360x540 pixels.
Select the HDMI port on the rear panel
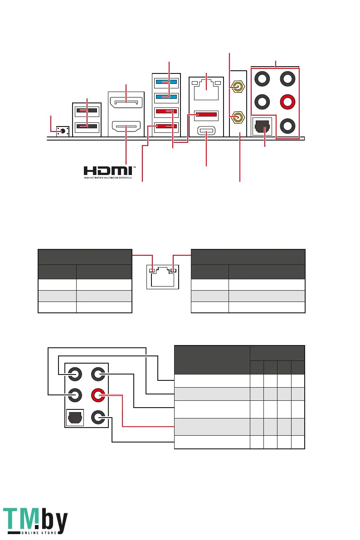[126, 126]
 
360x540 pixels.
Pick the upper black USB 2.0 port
[87, 110]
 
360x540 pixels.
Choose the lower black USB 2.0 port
[87, 126]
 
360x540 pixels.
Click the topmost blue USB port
[166, 82]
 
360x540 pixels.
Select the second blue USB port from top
[166, 97]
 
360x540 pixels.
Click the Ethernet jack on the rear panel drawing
[206, 91]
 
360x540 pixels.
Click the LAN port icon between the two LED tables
[162, 275]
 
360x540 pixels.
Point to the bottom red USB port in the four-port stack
[166, 127]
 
